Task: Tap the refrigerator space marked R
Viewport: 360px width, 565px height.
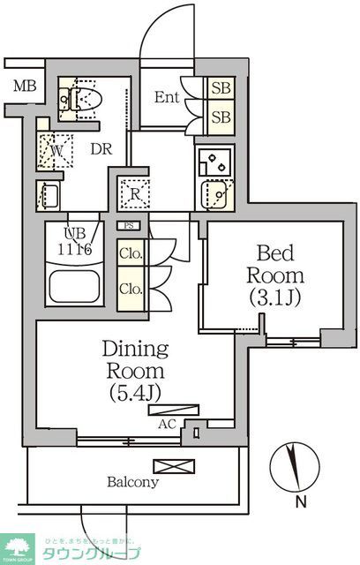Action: (x=135, y=192)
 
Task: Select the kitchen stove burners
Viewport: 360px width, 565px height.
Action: (x=214, y=162)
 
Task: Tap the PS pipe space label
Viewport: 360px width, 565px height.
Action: (x=129, y=227)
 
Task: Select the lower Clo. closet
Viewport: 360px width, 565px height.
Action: (x=130, y=289)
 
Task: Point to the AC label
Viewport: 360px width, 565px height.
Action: (x=166, y=423)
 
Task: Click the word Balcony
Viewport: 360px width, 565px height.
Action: (x=133, y=483)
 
